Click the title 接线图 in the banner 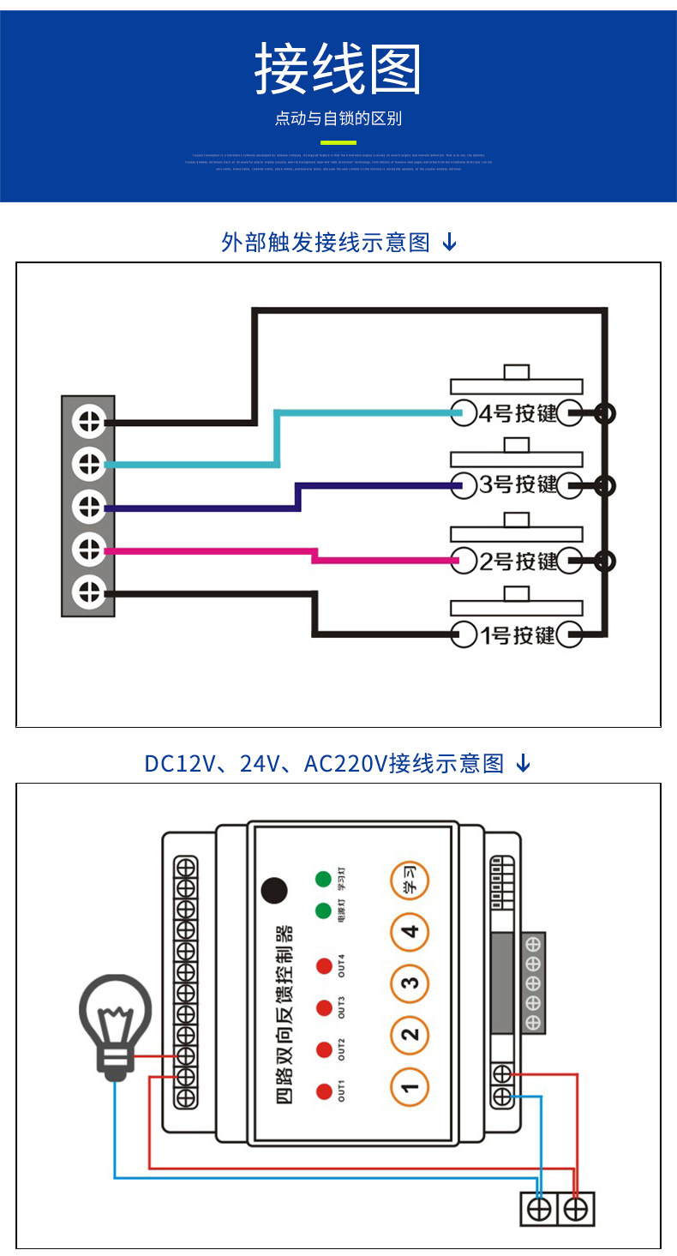click(338, 69)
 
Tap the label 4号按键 click(518, 413)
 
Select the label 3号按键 click(518, 485)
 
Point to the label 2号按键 click(518, 562)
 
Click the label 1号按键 click(518, 635)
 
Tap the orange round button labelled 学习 click(410, 880)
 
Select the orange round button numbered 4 click(410, 932)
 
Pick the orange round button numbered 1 click(410, 1088)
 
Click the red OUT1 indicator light click(324, 1091)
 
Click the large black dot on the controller click(274, 891)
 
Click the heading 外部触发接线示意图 click(326, 243)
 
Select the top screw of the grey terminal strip click(88, 420)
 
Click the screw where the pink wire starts click(88, 549)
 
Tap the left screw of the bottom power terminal click(539, 1210)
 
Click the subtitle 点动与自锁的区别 click(338, 118)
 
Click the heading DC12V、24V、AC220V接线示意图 click(324, 763)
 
